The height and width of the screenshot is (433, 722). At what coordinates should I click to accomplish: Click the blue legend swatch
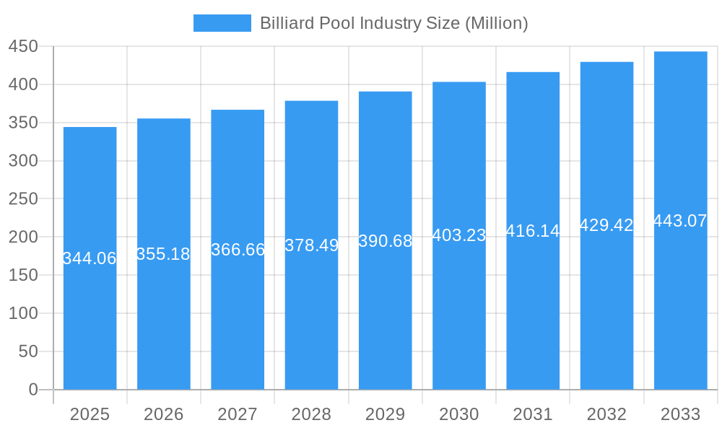point(222,23)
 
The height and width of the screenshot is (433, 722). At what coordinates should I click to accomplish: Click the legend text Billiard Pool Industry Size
point(393,23)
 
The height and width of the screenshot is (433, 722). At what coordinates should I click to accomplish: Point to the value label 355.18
point(163,254)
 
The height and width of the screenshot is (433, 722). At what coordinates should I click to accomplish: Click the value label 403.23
point(459,235)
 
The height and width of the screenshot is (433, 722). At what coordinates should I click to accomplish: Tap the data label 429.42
point(606,225)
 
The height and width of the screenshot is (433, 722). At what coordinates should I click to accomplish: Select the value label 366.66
point(238,250)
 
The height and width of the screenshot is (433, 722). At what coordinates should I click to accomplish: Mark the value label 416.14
point(533,231)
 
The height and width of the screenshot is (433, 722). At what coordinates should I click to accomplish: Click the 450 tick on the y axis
point(23,47)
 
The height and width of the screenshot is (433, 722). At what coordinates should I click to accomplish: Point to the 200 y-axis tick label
point(23,237)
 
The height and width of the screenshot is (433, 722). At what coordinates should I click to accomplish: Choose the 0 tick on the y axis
point(33,390)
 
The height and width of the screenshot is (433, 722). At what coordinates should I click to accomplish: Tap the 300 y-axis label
point(23,161)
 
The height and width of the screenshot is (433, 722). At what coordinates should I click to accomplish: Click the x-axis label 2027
point(238,414)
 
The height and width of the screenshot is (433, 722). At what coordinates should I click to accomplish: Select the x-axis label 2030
point(459,414)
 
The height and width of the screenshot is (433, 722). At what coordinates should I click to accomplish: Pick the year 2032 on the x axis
point(606,414)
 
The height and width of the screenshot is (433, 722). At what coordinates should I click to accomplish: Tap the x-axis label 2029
point(385,414)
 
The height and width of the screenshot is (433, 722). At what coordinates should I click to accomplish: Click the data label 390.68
point(385,241)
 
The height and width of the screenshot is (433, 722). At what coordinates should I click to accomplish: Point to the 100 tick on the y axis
point(23,314)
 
